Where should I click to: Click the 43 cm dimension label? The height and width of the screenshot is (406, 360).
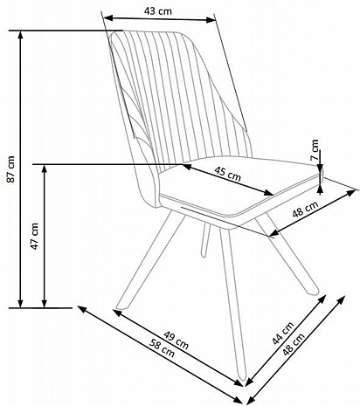coord(158,11)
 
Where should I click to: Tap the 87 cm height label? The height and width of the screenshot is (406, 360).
coord(10,169)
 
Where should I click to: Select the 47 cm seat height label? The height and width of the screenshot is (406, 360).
coord(35,236)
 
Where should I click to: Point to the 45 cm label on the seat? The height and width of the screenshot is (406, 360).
coord(227,174)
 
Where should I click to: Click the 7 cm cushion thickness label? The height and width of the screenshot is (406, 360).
coord(315,150)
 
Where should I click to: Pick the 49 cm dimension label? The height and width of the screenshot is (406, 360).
coord(176,340)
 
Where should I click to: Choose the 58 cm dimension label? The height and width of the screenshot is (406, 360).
coord(162,348)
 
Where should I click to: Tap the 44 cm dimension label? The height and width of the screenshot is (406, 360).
coord(283,334)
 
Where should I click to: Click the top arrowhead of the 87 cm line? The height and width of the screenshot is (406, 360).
coord(20,34)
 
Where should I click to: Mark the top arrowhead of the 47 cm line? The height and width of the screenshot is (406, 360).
coord(45,169)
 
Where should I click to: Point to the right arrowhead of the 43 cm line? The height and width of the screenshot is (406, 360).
coord(211,20)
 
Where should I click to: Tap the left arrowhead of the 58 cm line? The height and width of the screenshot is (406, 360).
coord(81,309)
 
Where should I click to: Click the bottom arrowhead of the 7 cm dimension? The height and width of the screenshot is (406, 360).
coord(320,190)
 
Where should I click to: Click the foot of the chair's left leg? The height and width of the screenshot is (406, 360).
coord(120,306)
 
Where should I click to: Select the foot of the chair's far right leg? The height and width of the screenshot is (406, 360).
coord(314,291)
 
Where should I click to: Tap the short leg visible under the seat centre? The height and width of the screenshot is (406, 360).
coord(205,240)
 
